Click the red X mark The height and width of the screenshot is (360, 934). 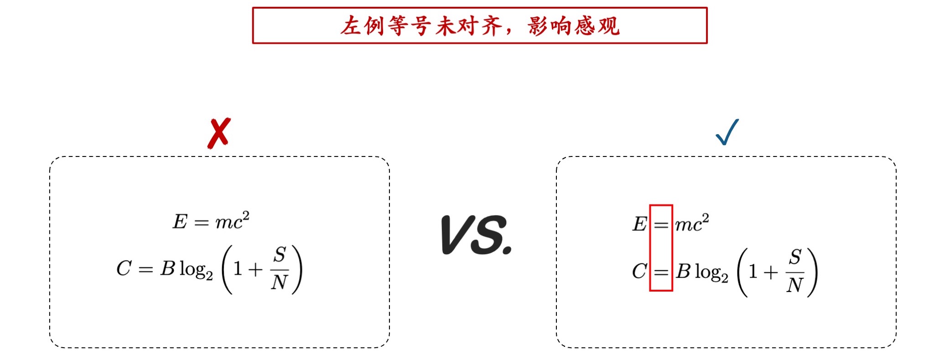pyautogui.click(x=219, y=133)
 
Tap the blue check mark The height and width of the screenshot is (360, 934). pyautogui.click(x=727, y=132)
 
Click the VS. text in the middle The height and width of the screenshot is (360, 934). pyautogui.click(x=476, y=235)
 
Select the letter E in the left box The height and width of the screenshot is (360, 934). pyautogui.click(x=180, y=222)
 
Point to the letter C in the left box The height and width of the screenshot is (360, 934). pyautogui.click(x=124, y=268)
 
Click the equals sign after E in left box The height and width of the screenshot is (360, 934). pyautogui.click(x=202, y=223)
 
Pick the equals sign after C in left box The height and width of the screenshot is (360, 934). pyautogui.click(x=145, y=269)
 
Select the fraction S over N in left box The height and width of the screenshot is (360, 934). pyautogui.click(x=280, y=269)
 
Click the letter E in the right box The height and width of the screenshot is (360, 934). pyautogui.click(x=639, y=224)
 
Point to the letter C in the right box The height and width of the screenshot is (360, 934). pyautogui.click(x=639, y=271)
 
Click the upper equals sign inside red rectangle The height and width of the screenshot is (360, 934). pyautogui.click(x=661, y=225)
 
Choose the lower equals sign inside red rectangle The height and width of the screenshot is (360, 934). pyautogui.click(x=661, y=272)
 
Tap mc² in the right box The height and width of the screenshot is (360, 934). pyautogui.click(x=692, y=223)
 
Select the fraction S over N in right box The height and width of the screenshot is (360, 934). pyautogui.click(x=795, y=271)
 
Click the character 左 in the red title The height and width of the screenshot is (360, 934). pyautogui.click(x=351, y=26)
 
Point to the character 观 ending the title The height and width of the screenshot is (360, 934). pyautogui.click(x=608, y=26)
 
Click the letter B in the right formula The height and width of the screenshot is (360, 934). pyautogui.click(x=683, y=271)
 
